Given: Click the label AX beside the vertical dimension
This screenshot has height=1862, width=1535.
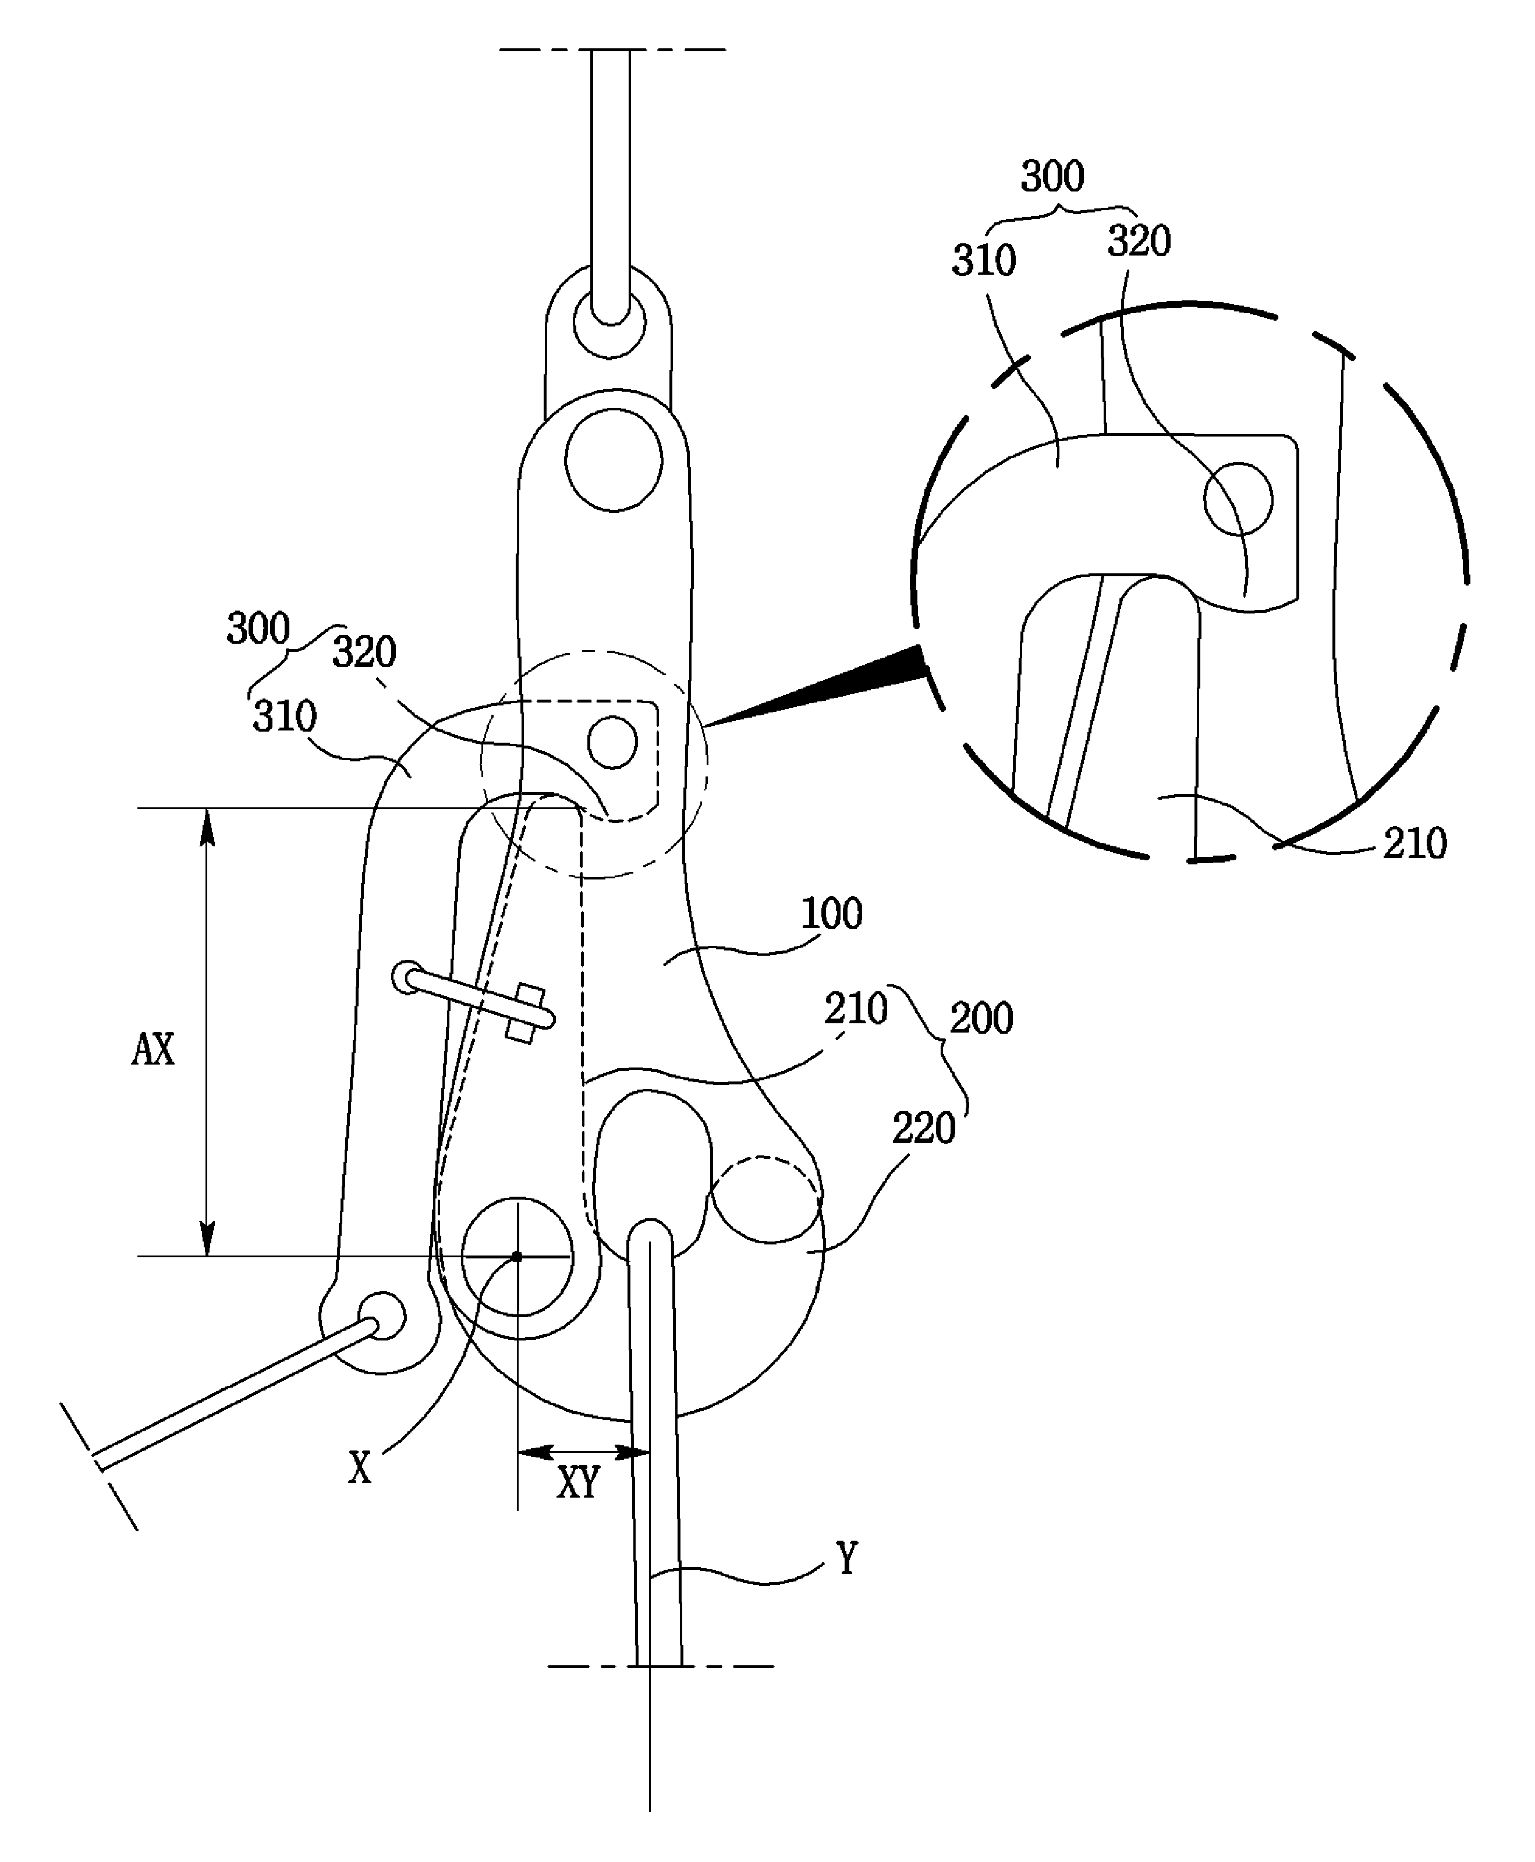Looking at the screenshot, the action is pos(153,1049).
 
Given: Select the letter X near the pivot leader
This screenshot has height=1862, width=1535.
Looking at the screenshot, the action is pos(360,1468).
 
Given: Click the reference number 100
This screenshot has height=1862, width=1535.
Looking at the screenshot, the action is pos(831,913).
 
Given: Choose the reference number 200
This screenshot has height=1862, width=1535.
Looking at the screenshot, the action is pos(981,1019).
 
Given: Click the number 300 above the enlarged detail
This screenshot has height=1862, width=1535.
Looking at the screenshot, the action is pos(1052,177).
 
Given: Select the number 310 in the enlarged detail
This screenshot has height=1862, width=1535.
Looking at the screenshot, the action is pos(983,261).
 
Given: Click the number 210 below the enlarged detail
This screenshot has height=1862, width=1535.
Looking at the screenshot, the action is pos(1415,843).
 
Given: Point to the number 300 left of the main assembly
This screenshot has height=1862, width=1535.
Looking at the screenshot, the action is pos(258,629).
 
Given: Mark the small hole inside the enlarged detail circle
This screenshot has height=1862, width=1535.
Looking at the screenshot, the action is pos(1238,499).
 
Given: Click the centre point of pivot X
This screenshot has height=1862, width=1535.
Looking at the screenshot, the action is pos(517,1255).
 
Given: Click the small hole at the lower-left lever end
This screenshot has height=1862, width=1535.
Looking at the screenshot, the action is pos(382,1315).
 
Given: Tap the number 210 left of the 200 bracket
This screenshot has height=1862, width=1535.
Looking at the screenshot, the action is pos(856,1009).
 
